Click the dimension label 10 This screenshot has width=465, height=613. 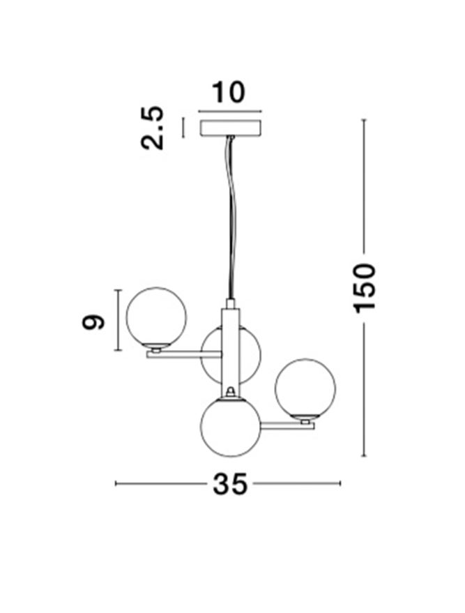pyautogui.click(x=229, y=93)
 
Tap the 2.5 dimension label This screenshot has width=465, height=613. pyautogui.click(x=152, y=128)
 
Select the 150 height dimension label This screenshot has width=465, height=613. pyautogui.click(x=364, y=289)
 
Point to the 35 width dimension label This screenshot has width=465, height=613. pyautogui.click(x=230, y=484)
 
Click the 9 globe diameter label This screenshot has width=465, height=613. pyautogui.click(x=93, y=321)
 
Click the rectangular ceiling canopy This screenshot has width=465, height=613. pyautogui.click(x=231, y=128)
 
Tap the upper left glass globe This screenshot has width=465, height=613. pyautogui.click(x=156, y=317)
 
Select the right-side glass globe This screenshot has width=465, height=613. pyautogui.click(x=305, y=388)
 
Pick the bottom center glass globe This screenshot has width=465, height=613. pyautogui.click(x=231, y=427)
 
